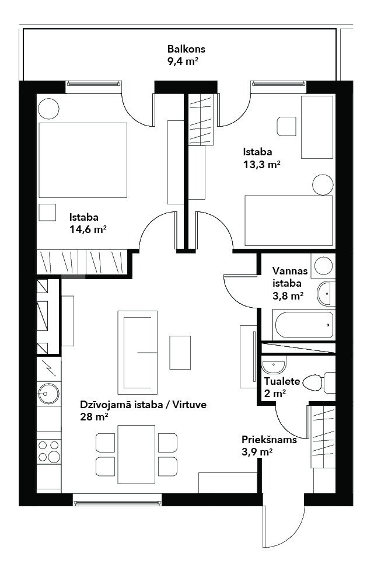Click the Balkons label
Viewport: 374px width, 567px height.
(186, 49)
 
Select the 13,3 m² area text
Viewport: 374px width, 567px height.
(262, 165)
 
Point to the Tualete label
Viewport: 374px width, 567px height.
(282, 381)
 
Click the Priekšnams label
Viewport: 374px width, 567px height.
(269, 440)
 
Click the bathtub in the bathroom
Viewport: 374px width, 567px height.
(303, 325)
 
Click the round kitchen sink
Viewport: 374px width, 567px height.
(48, 393)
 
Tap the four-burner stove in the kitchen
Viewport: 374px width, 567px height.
(49, 451)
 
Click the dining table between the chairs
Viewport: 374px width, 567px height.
(137, 454)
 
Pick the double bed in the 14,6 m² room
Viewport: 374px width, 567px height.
(83, 160)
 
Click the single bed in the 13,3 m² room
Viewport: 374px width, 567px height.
(288, 220)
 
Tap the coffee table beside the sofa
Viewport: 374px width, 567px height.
(180, 353)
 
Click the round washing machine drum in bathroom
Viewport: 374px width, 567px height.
(323, 266)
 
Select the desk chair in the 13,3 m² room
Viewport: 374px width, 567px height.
(286, 127)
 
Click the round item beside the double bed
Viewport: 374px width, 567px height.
(48, 109)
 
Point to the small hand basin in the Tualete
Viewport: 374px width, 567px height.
(274, 365)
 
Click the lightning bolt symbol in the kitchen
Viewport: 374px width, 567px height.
(48, 368)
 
